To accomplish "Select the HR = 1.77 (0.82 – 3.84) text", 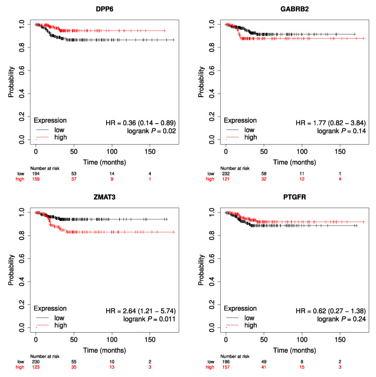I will (x=331, y=122).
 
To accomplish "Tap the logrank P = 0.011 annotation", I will (x=150, y=319).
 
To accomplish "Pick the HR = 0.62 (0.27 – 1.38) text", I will (x=331, y=311).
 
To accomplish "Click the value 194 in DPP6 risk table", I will (x=36, y=173).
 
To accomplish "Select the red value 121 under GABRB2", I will (x=226, y=179).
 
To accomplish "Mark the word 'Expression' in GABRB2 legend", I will (x=242, y=121).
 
